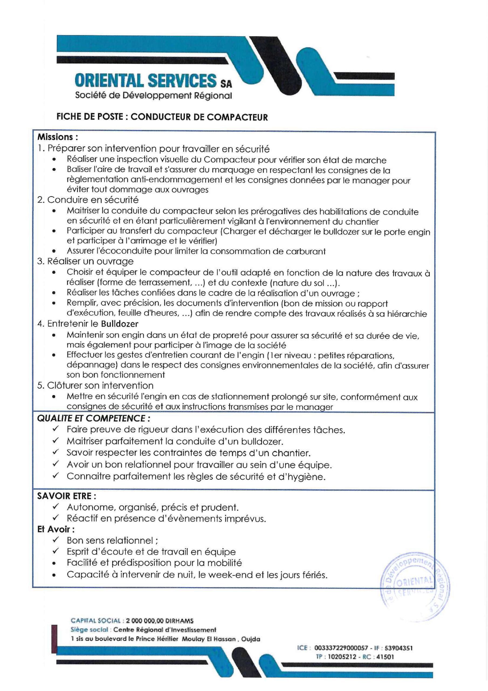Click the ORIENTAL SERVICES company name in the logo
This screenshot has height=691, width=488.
[x=146, y=81]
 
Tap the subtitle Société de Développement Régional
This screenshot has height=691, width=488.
[x=153, y=96]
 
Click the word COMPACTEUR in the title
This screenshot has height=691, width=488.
[x=237, y=117]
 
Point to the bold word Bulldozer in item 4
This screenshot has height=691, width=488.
[x=120, y=324]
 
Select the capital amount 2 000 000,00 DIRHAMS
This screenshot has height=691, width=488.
[x=160, y=621]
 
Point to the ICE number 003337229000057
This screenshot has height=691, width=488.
[x=341, y=648]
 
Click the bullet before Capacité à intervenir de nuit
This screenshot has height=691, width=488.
[x=54, y=575]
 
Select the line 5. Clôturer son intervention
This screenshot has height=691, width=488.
[x=95, y=385]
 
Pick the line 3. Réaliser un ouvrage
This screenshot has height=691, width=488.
[x=85, y=261]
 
